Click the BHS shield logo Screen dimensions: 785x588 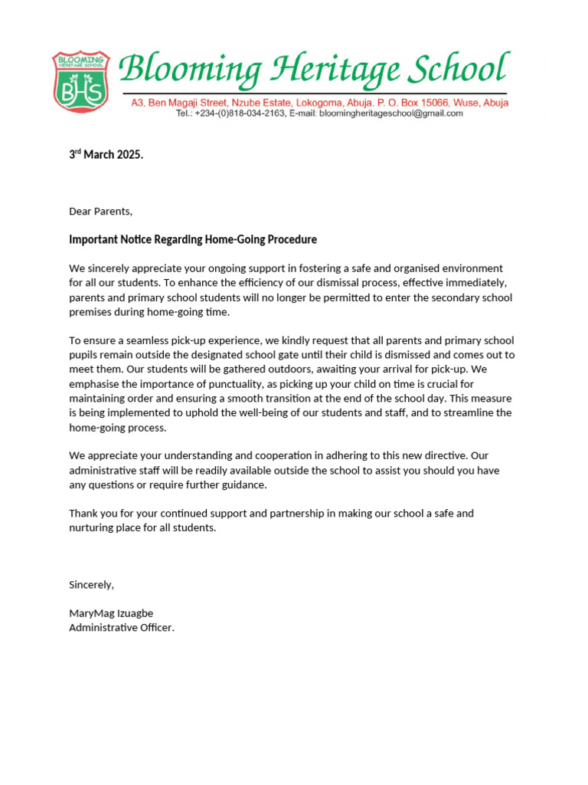click(80, 80)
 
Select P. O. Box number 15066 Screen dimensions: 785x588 click(433, 103)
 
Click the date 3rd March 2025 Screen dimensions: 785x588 click(106, 155)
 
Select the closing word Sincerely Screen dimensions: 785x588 click(91, 585)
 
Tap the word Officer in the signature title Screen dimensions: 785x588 click(151, 628)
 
